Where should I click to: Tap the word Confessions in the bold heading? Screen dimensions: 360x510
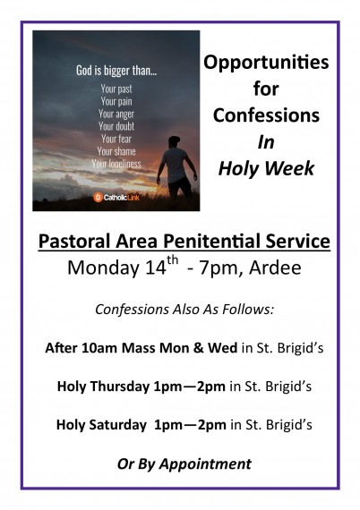(x=266, y=115)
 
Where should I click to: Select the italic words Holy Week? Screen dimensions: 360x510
(x=266, y=169)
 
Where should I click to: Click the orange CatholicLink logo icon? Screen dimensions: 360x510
(x=98, y=197)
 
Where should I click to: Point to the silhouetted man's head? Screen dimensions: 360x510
(x=175, y=141)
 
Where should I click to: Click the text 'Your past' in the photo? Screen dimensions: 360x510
(x=116, y=89)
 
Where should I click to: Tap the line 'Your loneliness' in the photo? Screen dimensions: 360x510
(x=116, y=163)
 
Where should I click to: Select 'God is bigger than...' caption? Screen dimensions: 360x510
(x=116, y=71)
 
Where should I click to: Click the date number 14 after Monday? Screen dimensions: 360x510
(x=156, y=268)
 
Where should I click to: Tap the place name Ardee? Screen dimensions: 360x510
(x=275, y=268)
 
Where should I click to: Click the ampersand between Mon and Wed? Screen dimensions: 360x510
(x=198, y=348)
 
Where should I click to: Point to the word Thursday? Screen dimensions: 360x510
(x=120, y=387)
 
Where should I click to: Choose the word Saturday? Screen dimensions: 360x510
(x=118, y=425)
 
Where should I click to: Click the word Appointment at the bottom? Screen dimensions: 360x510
(x=205, y=464)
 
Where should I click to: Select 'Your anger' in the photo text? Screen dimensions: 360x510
(x=116, y=114)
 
